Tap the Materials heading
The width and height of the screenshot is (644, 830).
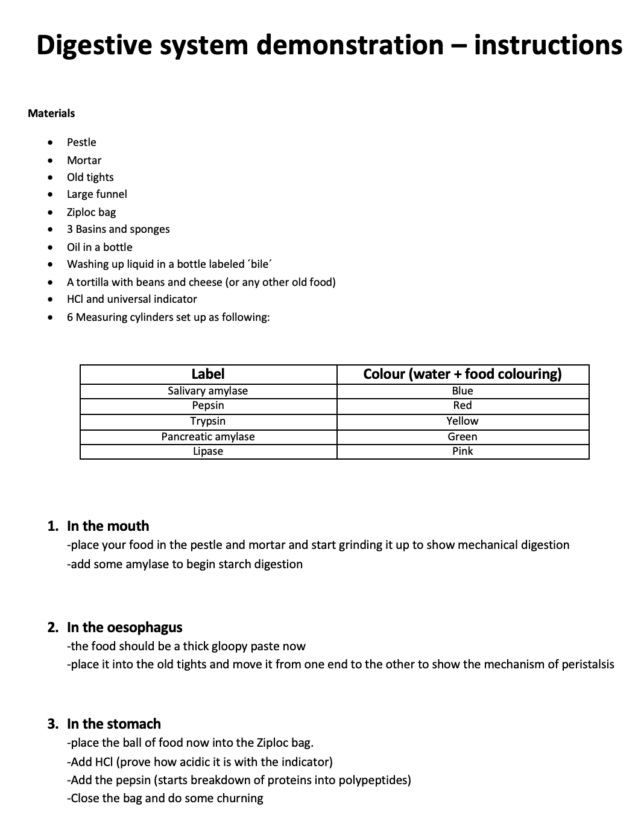(x=51, y=113)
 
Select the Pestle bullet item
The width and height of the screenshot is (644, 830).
(x=81, y=142)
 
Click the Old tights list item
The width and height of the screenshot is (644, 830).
(x=90, y=177)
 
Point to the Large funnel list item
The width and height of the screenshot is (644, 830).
(x=96, y=194)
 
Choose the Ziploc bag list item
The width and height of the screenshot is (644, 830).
(x=91, y=212)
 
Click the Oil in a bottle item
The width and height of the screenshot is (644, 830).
(x=99, y=247)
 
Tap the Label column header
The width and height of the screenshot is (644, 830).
(x=207, y=374)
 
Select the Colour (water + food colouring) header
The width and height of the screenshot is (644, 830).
(x=462, y=374)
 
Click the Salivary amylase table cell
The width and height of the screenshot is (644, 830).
(x=207, y=391)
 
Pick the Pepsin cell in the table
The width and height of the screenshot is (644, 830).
(x=207, y=405)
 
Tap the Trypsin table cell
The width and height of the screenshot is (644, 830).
(x=207, y=421)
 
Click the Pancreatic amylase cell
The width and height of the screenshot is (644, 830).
(x=207, y=437)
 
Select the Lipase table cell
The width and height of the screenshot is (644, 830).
(x=207, y=451)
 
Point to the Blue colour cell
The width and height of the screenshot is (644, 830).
(x=462, y=391)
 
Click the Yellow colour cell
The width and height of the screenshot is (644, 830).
(x=462, y=421)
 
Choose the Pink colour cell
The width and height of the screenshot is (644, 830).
(x=462, y=451)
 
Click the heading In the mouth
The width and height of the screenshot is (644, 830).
(x=108, y=526)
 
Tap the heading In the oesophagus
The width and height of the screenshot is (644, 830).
(x=124, y=627)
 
